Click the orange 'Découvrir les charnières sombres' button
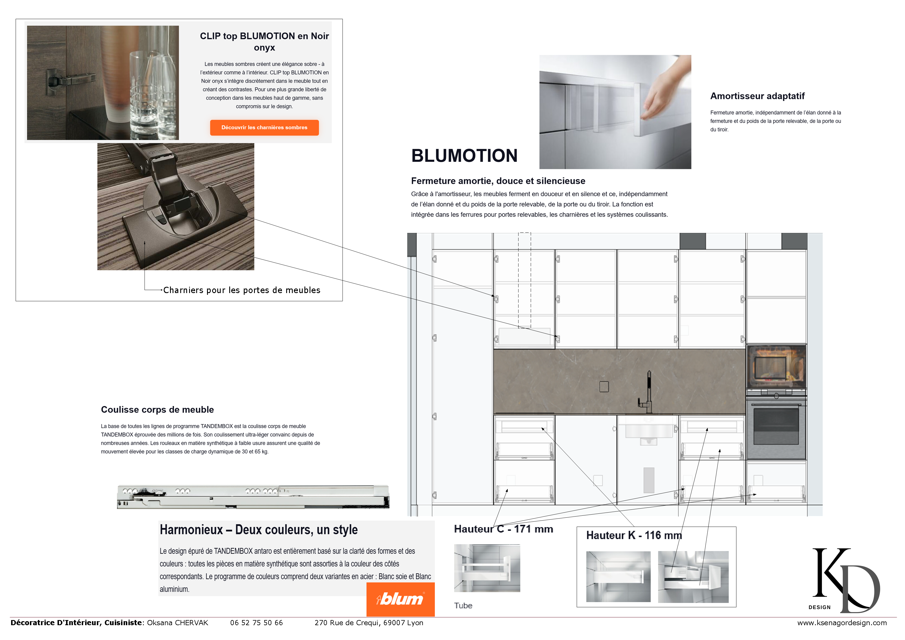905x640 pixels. click(x=264, y=127)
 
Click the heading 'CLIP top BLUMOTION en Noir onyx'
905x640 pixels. click(x=264, y=41)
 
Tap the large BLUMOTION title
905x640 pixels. click(x=464, y=155)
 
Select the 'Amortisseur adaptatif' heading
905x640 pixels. click(x=757, y=96)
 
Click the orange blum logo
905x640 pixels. click(x=400, y=599)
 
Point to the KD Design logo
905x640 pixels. click(x=845, y=580)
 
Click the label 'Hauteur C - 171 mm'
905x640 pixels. click(x=503, y=529)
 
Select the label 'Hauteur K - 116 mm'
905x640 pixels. click(x=633, y=535)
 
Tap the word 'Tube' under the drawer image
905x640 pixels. click(x=463, y=605)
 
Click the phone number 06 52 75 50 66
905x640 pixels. click(x=256, y=623)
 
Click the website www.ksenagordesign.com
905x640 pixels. click(x=841, y=623)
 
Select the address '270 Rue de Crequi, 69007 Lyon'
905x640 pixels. click(x=368, y=623)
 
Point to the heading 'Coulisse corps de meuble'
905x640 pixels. click(x=157, y=410)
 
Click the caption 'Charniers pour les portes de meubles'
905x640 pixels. click(x=241, y=290)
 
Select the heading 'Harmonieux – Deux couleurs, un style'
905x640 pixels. click(x=259, y=529)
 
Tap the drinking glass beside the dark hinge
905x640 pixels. click(x=144, y=95)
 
